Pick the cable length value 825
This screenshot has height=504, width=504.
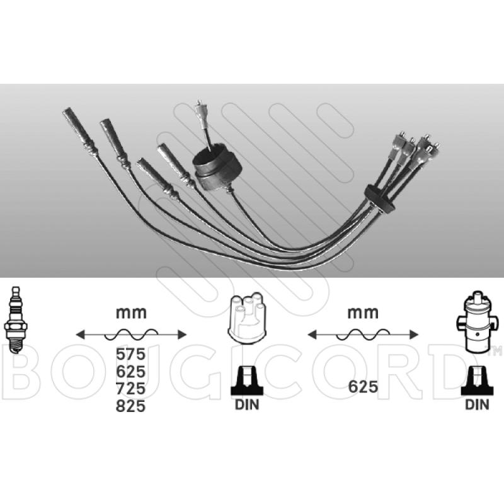tap(131, 407)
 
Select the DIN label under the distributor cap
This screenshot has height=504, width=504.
tap(246, 404)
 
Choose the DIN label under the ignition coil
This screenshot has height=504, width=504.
tap(477, 404)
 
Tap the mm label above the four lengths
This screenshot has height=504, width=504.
tap(131, 312)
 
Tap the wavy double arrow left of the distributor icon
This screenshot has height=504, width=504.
tap(131, 334)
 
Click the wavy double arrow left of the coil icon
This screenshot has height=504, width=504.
tap(362, 334)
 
